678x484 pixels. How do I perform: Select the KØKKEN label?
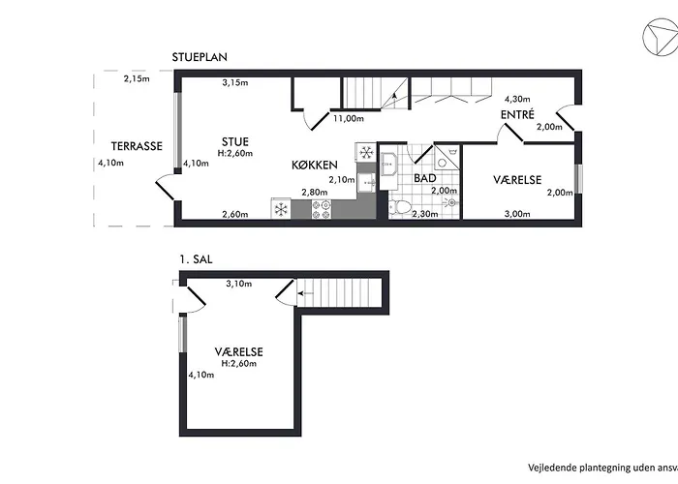tap(315, 165)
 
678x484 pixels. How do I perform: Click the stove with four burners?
tap(323, 206)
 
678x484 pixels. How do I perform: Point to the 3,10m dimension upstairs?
tap(238, 284)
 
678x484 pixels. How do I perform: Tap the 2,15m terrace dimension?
tap(137, 78)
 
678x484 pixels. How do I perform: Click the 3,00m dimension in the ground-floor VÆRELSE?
tap(517, 214)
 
